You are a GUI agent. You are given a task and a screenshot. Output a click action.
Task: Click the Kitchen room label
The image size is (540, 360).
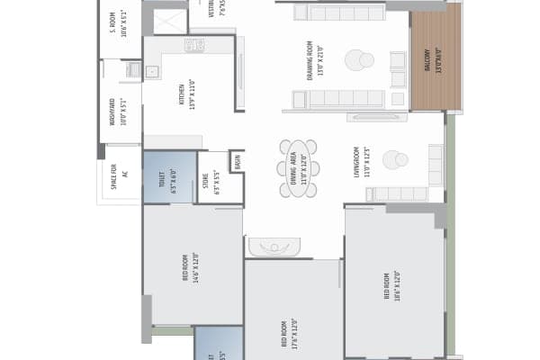click(x=187, y=93)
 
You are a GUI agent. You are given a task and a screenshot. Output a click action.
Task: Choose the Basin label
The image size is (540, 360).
click(x=237, y=162)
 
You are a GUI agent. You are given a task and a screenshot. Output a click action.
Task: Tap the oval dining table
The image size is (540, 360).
click(x=298, y=167)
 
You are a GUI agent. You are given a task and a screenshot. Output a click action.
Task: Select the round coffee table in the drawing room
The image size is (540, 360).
click(x=359, y=60)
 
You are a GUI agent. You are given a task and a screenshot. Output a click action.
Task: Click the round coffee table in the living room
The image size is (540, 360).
click(x=394, y=160)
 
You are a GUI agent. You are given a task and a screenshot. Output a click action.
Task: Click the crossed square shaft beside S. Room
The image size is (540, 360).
click(x=170, y=21)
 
